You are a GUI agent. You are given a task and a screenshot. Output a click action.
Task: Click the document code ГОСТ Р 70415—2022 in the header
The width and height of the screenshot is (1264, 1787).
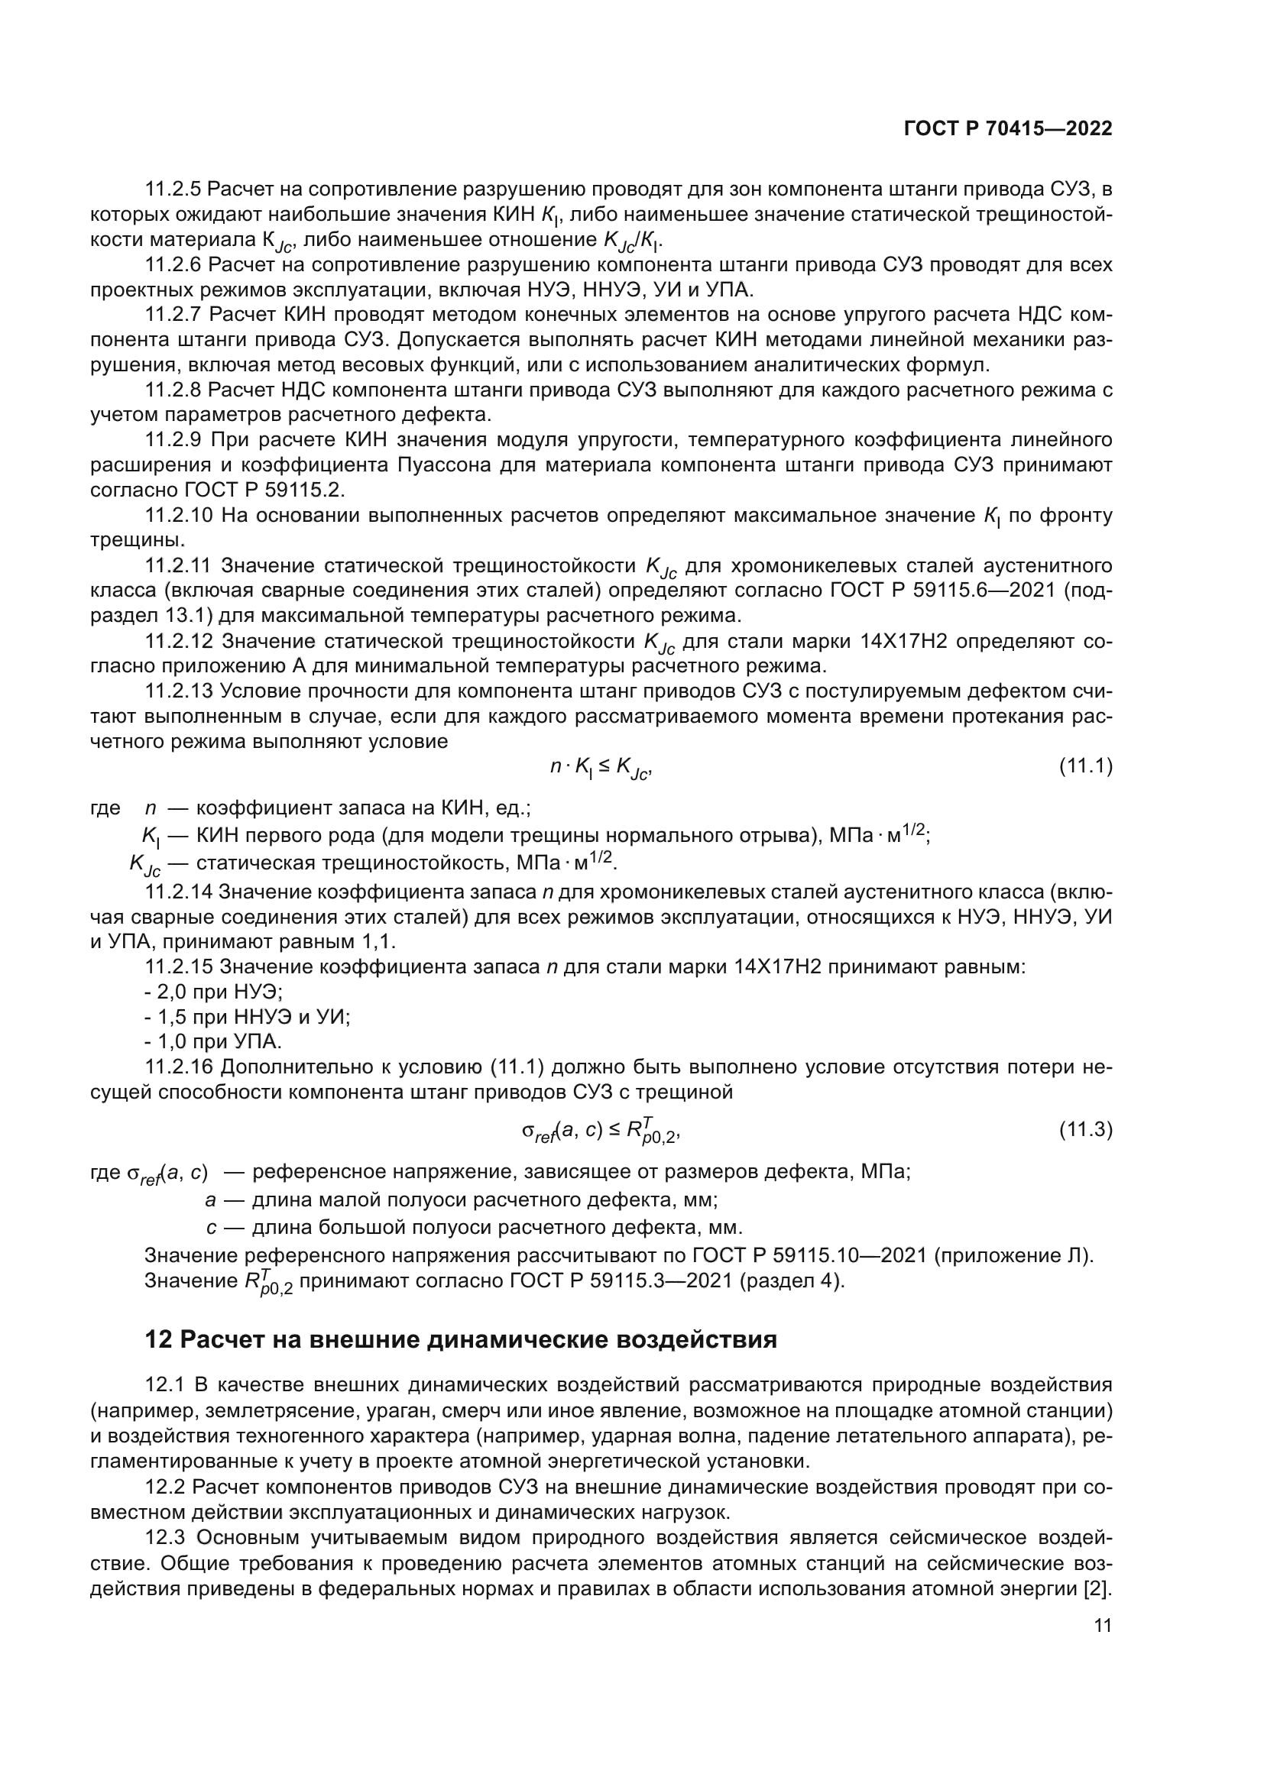(1008, 128)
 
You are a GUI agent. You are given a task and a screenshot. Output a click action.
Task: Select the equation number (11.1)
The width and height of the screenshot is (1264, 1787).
(1086, 766)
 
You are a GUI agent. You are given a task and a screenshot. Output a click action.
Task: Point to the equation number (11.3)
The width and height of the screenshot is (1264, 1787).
(1086, 1129)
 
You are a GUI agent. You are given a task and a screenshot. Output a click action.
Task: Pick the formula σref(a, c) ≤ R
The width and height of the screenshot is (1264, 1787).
(601, 1131)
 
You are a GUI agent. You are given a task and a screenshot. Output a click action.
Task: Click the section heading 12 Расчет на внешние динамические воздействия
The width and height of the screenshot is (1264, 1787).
(461, 1339)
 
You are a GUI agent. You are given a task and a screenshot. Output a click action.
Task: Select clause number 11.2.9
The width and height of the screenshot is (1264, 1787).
(173, 440)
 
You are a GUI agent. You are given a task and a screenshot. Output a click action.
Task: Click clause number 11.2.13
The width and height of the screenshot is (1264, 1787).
(178, 691)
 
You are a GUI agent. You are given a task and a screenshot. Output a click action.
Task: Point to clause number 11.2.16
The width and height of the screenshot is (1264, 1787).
(178, 1067)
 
